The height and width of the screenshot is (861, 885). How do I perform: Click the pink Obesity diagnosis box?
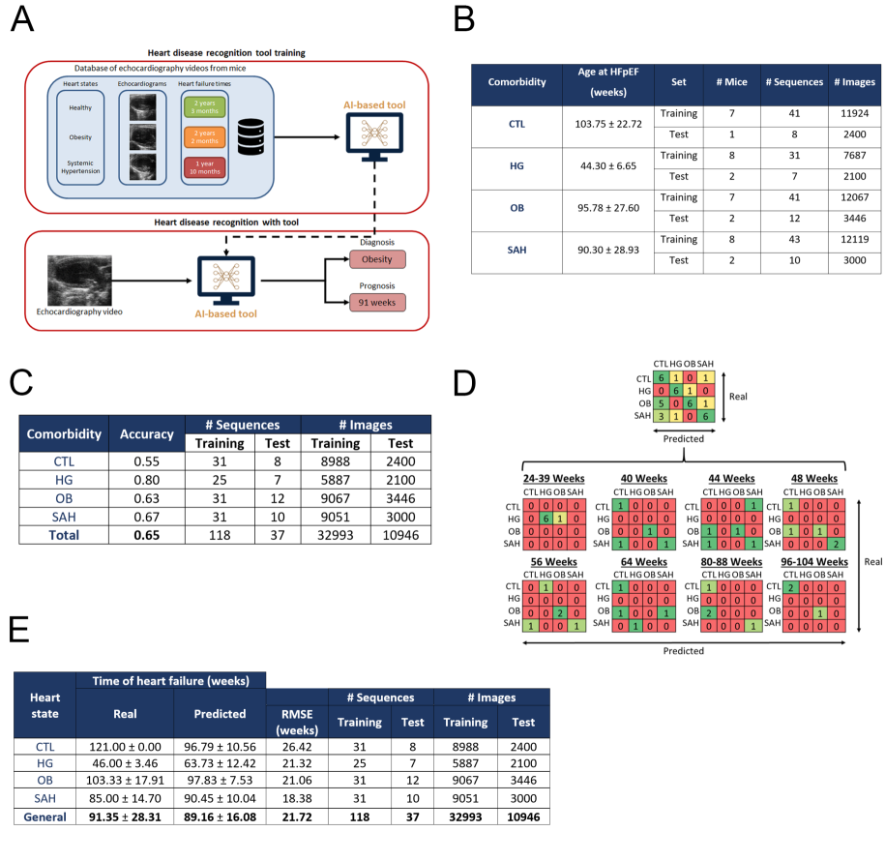377,261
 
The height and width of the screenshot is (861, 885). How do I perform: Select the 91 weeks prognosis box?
377,302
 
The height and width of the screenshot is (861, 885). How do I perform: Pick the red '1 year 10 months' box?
203,169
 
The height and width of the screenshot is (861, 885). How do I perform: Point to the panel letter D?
463,383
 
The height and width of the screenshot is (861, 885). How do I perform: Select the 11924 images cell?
852,113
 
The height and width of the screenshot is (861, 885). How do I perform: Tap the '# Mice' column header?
730,82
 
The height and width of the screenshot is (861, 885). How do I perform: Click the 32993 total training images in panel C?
337,533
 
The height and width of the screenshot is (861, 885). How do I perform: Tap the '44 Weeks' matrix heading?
727,478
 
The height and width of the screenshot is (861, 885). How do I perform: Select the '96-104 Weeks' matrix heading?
807,561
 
